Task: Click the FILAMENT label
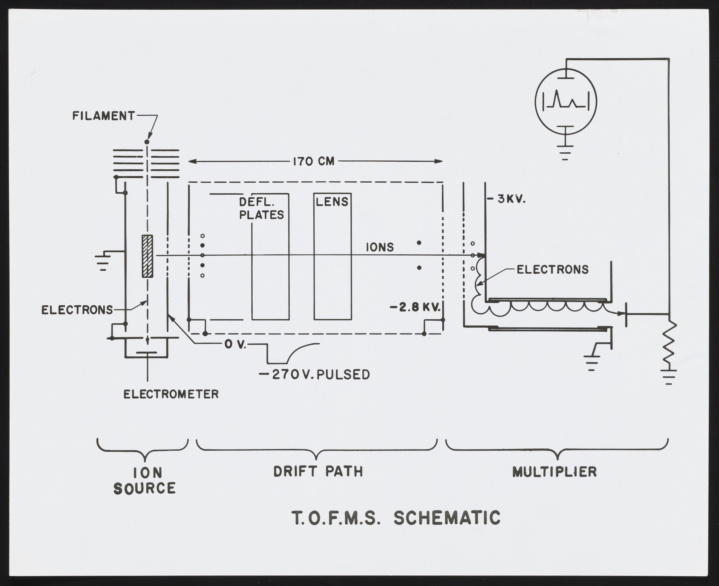[x=103, y=116]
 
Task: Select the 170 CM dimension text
[x=313, y=162]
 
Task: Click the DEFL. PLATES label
[x=261, y=209]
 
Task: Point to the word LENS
[x=332, y=202]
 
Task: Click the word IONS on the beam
[x=380, y=247]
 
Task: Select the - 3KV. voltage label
[x=507, y=200]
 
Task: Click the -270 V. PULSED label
[x=314, y=375]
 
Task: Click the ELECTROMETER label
[x=171, y=394]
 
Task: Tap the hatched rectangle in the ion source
[x=147, y=256]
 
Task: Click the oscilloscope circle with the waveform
[x=566, y=101]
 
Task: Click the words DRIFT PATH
[x=318, y=471]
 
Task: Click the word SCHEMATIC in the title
[x=447, y=518]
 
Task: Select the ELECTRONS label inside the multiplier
[x=552, y=269]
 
